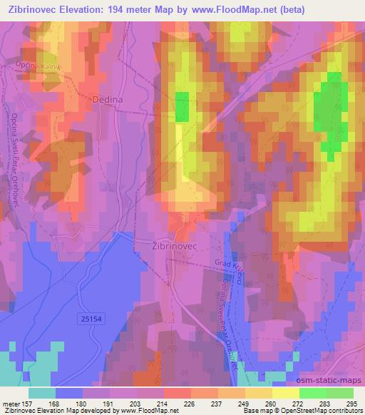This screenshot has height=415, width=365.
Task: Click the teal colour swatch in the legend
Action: click(41, 392)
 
